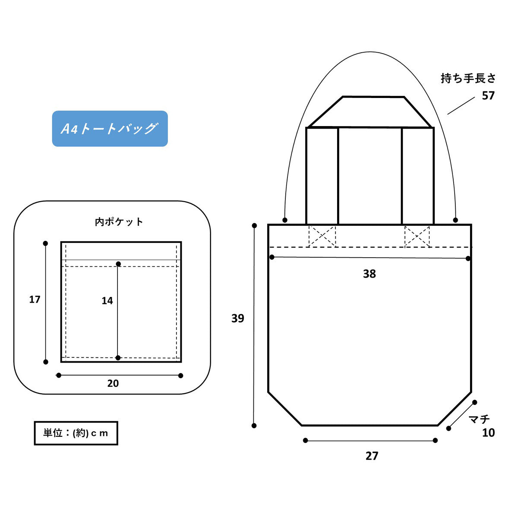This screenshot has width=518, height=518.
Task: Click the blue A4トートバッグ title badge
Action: pos(110,129)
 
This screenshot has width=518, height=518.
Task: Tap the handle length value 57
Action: pos(488,96)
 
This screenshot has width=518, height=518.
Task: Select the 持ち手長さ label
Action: pos(468,79)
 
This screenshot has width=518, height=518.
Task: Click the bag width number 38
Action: pos(370,274)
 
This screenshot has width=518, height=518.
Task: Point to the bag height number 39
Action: pos(237,319)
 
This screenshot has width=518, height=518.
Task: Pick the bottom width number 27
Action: pos(372,456)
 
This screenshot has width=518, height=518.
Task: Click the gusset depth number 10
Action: pos(488,433)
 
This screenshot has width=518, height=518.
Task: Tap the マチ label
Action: pos(479,419)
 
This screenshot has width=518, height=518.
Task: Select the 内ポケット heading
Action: pos(119,222)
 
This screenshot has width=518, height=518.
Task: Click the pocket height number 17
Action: pos(35,300)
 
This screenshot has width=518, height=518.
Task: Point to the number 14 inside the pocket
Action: pos(107,301)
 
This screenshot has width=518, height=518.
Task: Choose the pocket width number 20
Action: pos(113,383)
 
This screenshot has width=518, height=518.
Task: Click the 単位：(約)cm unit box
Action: pos(76,433)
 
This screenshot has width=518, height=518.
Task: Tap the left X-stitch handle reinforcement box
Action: pos(322,237)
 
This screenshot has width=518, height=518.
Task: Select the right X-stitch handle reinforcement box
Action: pos(417,237)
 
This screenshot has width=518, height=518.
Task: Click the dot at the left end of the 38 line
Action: pos(272,257)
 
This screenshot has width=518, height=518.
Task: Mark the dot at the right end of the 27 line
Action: pos(435,440)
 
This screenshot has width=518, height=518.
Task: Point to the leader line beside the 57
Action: pos(461,106)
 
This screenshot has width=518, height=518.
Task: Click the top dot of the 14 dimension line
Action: pos(118,264)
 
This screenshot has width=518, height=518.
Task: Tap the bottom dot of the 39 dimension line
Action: pos(254,426)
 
